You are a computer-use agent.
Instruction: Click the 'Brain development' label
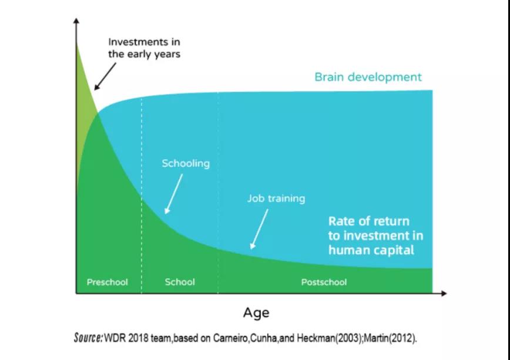tap(368, 77)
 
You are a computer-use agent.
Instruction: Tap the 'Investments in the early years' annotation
tap(144, 48)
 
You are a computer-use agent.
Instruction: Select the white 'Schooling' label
tap(186, 163)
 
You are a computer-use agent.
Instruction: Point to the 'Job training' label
tap(276, 198)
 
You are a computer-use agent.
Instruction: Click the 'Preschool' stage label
tap(108, 282)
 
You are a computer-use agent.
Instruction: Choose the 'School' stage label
tap(180, 282)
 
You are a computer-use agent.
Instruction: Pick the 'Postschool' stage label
tap(324, 282)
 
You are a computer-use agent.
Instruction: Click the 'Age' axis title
tap(256, 313)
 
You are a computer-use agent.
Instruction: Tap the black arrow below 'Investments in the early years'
tap(105, 76)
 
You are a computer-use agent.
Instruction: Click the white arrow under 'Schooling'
tap(173, 194)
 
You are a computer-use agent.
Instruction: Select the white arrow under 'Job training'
tap(259, 229)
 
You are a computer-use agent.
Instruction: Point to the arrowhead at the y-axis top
tap(76, 20)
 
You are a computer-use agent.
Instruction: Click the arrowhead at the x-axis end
tap(444, 293)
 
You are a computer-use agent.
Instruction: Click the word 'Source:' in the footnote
tap(89, 338)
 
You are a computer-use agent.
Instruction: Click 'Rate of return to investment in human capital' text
tap(375, 235)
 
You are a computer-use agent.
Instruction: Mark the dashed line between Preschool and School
tap(142, 195)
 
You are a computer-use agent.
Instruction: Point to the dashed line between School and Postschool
tap(218, 193)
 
